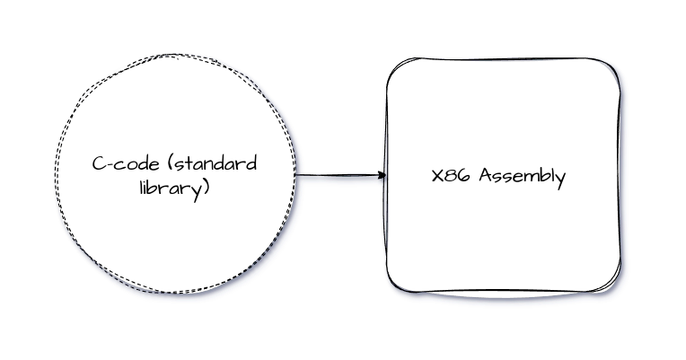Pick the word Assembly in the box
tap(523, 177)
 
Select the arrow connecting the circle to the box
tap(340, 175)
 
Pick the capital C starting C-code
tap(97, 164)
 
